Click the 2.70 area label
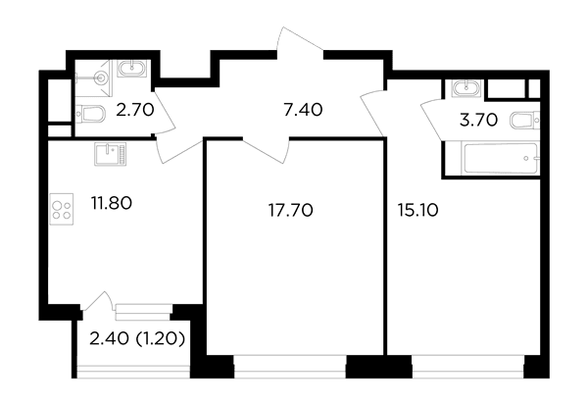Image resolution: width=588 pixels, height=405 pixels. click(x=135, y=111)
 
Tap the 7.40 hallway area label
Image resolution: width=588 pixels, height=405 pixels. click(x=303, y=111)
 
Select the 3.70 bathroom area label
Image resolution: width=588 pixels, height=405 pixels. click(x=478, y=121)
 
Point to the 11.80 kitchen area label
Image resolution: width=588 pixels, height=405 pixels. click(x=112, y=203)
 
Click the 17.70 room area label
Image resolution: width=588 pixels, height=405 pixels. click(x=291, y=211)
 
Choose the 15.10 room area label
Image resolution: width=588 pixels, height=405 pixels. click(x=417, y=211)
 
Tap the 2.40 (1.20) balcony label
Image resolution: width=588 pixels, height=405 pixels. click(x=137, y=339)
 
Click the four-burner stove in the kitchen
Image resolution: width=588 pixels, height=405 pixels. click(x=62, y=209)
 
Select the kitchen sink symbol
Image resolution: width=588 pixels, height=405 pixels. click(x=111, y=154)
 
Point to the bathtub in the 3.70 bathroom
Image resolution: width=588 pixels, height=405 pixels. click(x=501, y=159)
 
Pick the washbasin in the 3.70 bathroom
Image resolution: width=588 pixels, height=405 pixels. click(x=467, y=89)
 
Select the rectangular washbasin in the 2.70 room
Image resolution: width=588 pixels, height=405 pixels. click(x=131, y=69)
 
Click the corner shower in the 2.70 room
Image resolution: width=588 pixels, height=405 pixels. click(x=94, y=78)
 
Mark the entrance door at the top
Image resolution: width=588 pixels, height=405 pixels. click(x=299, y=39)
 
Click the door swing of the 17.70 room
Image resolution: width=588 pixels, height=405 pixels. click(x=266, y=151)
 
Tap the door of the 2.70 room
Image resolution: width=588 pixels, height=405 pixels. click(x=165, y=112)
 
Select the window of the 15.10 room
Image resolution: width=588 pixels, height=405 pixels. click(x=468, y=367)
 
